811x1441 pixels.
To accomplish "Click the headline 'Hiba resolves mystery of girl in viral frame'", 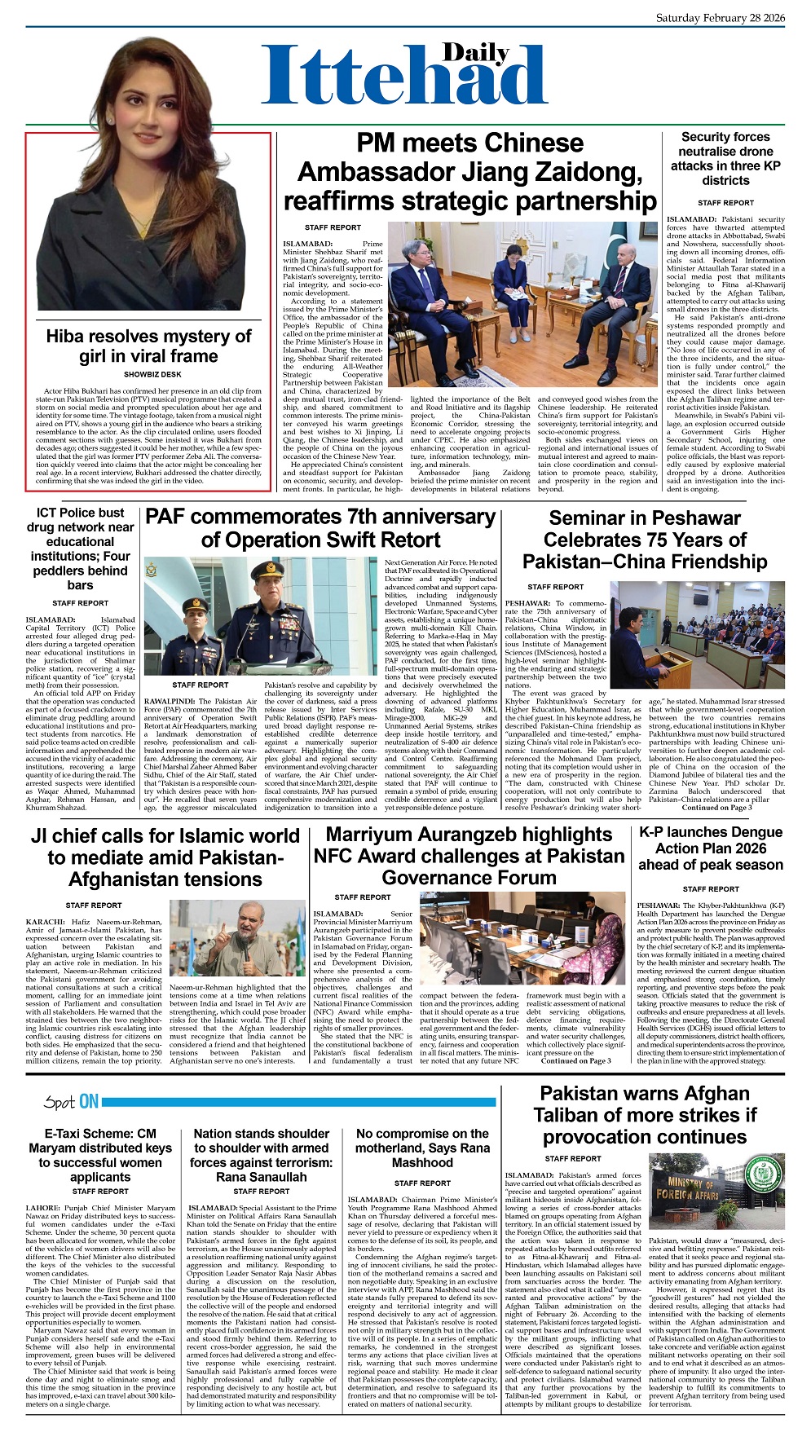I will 148,346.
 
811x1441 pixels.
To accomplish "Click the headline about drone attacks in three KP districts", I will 725,159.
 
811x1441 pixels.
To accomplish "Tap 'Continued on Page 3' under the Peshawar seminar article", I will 716,808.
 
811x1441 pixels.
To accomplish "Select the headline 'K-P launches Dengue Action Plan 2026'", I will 710,848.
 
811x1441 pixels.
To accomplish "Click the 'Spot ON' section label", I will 72,1102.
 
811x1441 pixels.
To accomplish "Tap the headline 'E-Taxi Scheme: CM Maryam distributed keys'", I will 100,1155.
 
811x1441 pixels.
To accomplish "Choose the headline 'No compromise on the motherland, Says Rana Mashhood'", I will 422,1148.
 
